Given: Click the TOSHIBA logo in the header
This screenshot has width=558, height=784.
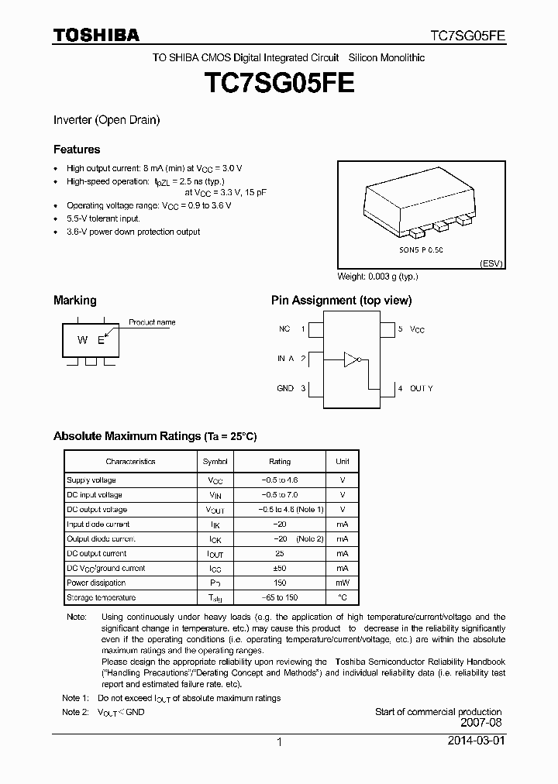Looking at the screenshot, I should tap(96, 35).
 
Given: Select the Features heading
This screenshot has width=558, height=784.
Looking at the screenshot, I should tap(76, 149).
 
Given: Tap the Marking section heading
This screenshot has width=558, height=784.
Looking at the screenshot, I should tap(74, 300).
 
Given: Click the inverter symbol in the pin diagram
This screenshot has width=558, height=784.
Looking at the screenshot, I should tap(353, 359).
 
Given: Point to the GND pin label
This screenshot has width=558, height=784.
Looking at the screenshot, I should tap(285, 388).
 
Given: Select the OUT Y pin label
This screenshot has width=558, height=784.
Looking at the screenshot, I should tap(421, 388).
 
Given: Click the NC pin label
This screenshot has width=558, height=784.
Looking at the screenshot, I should tap(284, 329).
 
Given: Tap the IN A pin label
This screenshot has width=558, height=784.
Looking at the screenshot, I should tap(285, 359).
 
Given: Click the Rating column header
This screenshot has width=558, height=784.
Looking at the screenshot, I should tap(280, 462).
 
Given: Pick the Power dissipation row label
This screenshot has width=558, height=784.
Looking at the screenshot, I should tap(96, 583).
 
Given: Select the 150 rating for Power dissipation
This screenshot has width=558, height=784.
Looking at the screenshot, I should tap(280, 583).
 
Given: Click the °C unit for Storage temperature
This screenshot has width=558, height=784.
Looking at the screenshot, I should tap(342, 597).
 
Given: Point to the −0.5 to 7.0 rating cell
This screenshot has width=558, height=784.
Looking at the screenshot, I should tap(280, 495).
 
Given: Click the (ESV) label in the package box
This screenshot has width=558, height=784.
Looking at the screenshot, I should tap(491, 263).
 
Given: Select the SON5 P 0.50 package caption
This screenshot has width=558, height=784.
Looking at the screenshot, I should tap(421, 250).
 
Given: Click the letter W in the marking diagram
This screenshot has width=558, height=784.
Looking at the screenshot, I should tap(81, 341).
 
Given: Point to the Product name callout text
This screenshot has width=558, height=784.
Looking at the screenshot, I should tap(152, 322).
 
